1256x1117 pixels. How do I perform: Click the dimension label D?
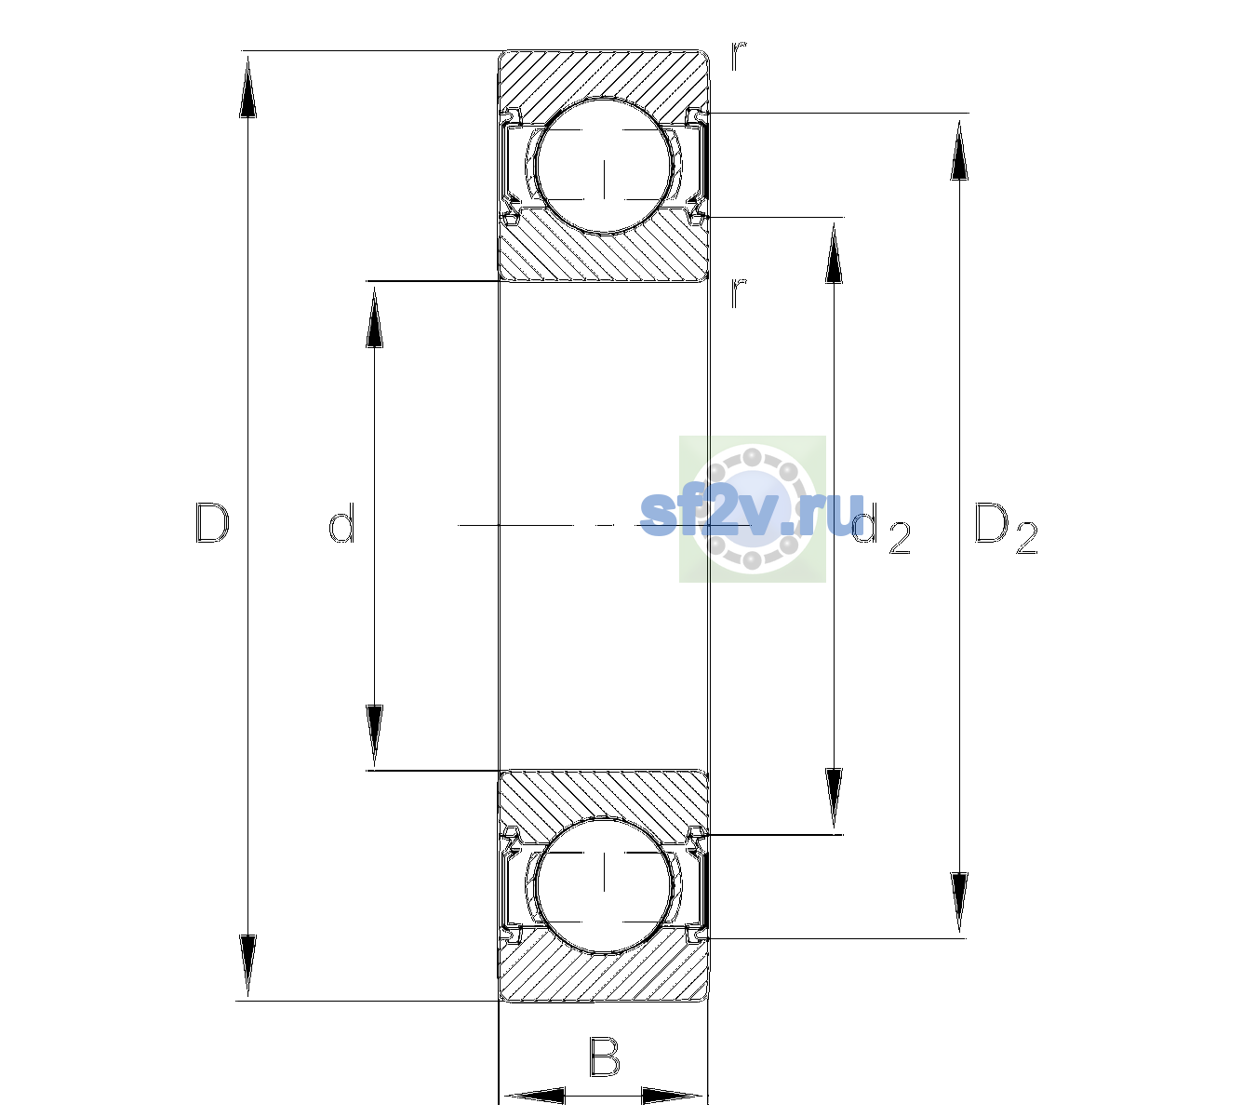pos(213,523)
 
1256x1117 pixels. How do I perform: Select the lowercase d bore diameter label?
pos(341,523)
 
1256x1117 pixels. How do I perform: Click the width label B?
pos(604,1056)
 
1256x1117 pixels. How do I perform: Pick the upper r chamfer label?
pos(739,56)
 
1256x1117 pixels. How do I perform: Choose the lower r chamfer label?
pos(739,292)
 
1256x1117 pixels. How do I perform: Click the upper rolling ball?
pos(604,167)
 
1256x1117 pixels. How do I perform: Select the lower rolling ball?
pos(604,885)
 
